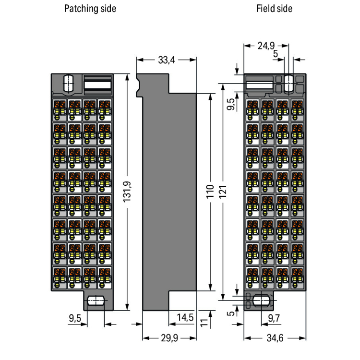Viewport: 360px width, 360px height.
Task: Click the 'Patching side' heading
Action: click(x=90, y=9)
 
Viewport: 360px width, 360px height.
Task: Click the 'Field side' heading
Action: click(x=274, y=9)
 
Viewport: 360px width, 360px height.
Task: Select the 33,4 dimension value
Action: click(x=166, y=60)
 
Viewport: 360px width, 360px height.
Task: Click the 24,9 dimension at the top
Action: click(x=265, y=46)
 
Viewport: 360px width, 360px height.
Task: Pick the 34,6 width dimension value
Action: click(x=275, y=338)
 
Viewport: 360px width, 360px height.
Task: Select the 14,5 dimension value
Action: click(x=185, y=317)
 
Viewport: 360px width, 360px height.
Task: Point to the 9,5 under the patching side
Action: click(x=75, y=317)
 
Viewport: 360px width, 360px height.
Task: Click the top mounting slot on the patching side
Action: click(x=68, y=83)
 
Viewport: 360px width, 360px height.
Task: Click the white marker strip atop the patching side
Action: click(x=98, y=85)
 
